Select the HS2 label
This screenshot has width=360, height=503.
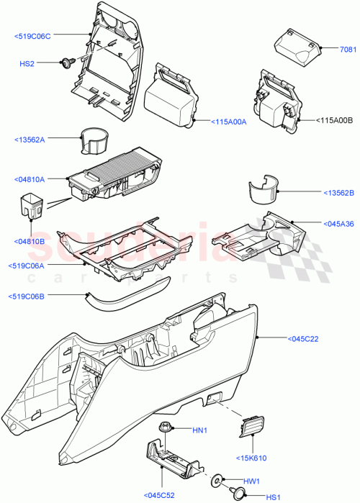(27, 65)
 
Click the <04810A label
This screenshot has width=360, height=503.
(30, 180)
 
